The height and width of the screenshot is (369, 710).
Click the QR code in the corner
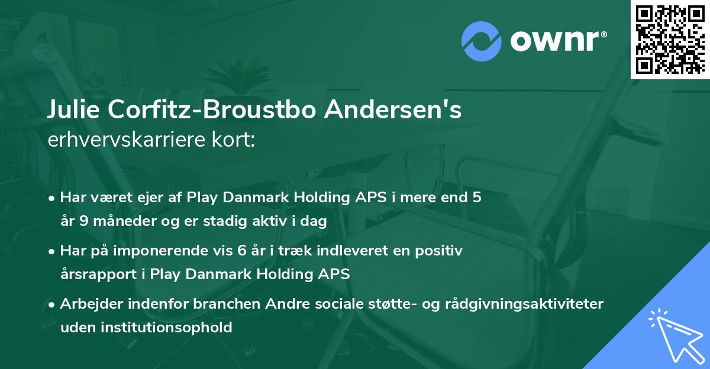tap(670, 39)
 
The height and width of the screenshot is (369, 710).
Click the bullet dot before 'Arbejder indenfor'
tap(53, 305)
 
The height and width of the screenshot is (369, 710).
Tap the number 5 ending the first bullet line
tap(476, 198)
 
